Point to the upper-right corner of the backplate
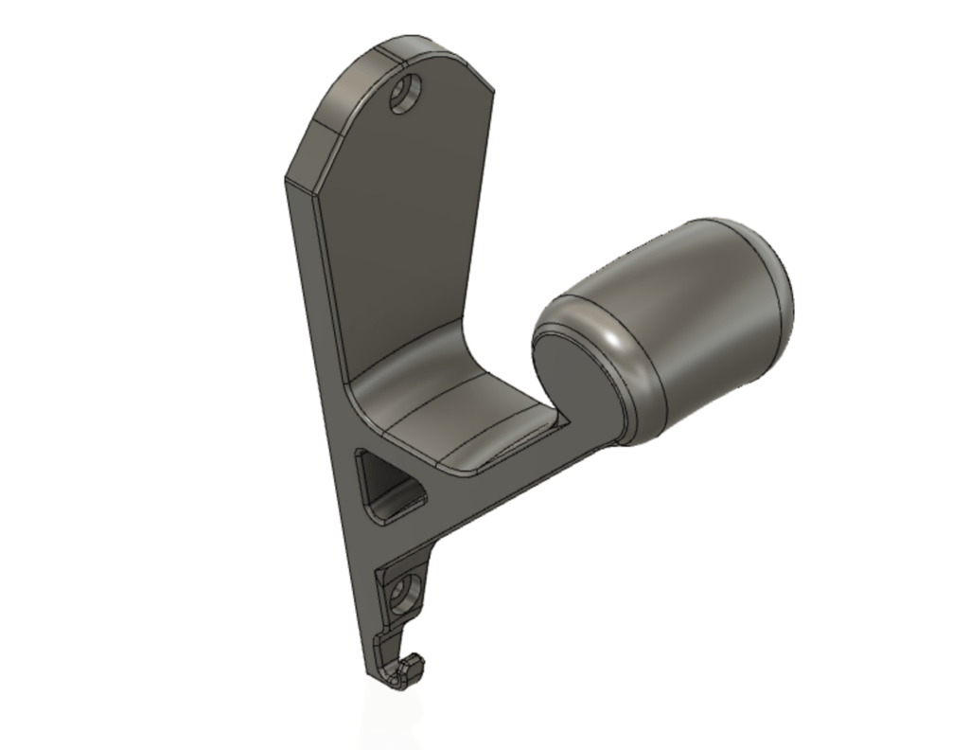[x=494, y=91]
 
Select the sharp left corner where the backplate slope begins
[x=287, y=178]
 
